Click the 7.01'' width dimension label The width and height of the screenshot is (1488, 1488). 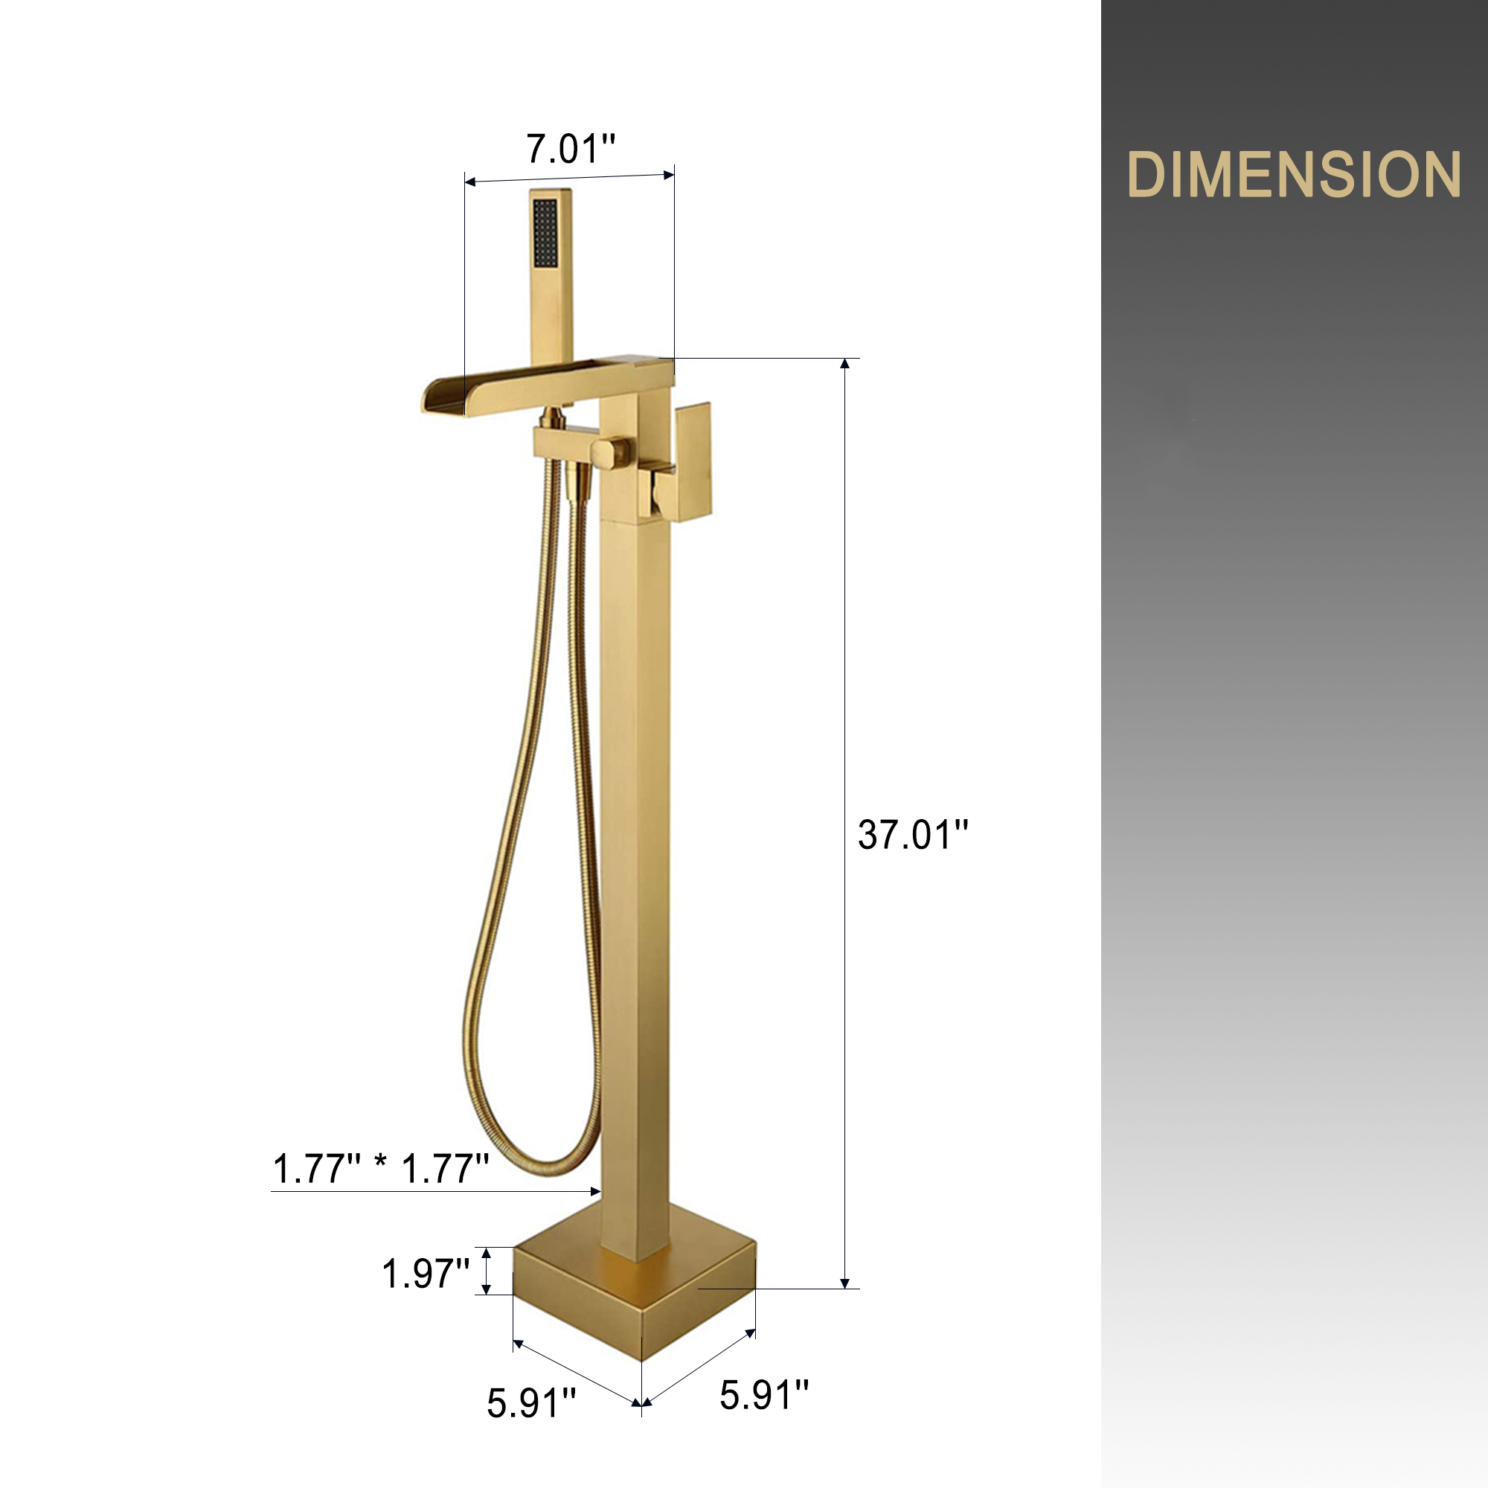coord(571,149)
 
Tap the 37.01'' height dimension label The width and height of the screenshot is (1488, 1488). coord(913,835)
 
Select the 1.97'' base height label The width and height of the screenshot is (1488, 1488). coord(426,1273)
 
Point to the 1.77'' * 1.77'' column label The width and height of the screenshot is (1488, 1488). coord(381,1168)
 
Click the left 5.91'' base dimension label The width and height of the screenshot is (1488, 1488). coord(531,1402)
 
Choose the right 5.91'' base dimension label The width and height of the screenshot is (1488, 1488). coord(764,1395)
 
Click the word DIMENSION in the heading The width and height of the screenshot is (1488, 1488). coord(1294,175)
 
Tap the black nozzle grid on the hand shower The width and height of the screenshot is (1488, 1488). coord(545,234)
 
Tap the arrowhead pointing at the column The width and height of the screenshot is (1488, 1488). coord(594,1191)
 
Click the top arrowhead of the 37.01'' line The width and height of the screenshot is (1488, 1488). coord(845,364)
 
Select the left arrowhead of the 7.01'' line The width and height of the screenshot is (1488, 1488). coord(469,182)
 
